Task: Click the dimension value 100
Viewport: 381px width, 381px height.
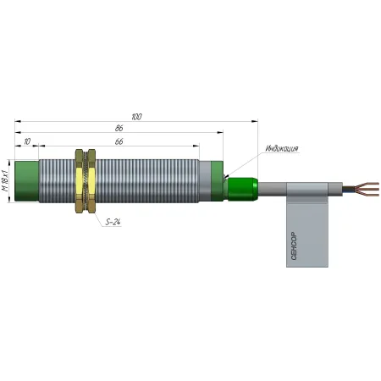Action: tap(136, 117)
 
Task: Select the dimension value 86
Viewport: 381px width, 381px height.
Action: tap(119, 128)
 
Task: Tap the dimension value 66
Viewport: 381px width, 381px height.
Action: tap(119, 141)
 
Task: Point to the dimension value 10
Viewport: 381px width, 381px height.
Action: tap(27, 141)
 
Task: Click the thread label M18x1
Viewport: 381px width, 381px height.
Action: tap(5, 180)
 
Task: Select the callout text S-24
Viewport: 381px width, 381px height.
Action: tap(113, 222)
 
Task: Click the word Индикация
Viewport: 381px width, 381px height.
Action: tap(282, 148)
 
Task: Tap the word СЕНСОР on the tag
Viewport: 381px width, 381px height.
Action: tap(294, 246)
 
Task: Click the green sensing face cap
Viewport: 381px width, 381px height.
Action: tap(26, 181)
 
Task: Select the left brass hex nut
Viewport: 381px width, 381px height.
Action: tap(80, 181)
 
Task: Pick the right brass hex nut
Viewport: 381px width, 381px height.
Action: tap(91, 181)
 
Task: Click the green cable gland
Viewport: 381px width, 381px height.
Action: tap(242, 189)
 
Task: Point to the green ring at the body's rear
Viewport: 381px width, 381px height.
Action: tap(218, 181)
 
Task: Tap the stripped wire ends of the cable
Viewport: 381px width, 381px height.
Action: tap(367, 189)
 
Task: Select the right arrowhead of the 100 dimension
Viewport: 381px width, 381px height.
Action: tap(255, 121)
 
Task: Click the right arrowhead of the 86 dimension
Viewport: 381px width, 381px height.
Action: tap(220, 132)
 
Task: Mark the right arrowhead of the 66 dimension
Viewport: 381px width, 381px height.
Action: tap(196, 146)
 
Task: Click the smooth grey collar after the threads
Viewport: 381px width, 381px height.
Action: tap(205, 181)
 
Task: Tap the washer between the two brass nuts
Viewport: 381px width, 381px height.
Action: tap(86, 181)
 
